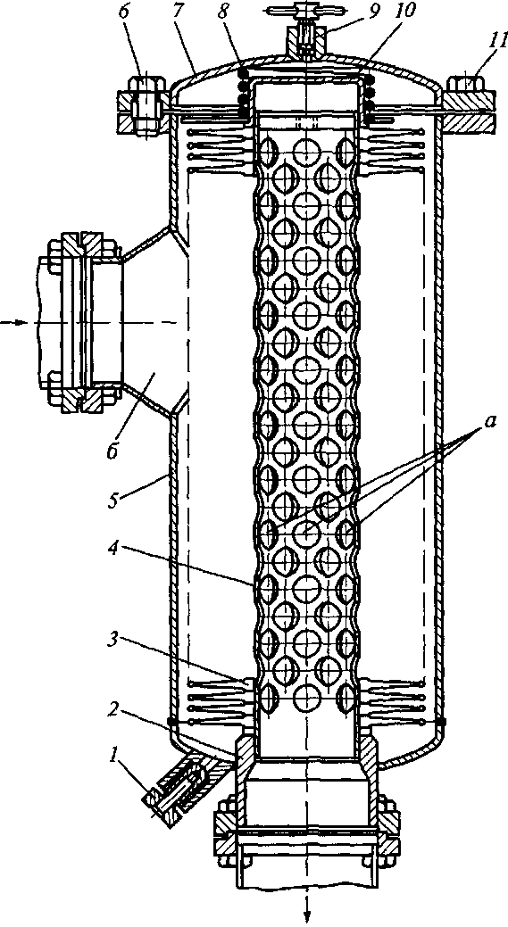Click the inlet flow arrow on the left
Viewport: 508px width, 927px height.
pyautogui.click(x=13, y=323)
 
